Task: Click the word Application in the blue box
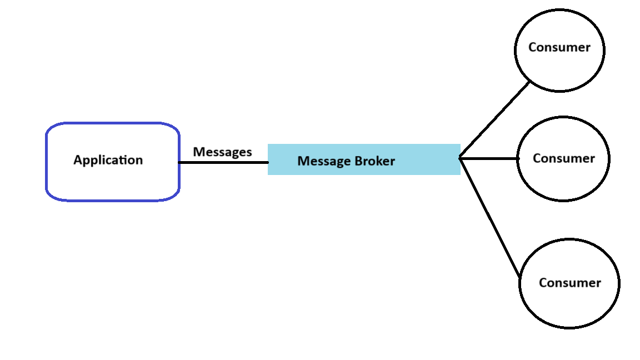click(x=108, y=160)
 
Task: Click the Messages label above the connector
click(x=222, y=152)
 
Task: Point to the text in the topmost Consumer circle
click(x=559, y=47)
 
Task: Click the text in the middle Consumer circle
click(x=563, y=158)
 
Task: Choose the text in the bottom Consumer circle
click(x=569, y=283)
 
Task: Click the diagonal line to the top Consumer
click(x=494, y=120)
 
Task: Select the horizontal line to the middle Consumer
click(x=489, y=158)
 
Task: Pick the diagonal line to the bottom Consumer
click(x=490, y=218)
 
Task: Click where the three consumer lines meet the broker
click(x=461, y=158)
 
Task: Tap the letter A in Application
click(x=78, y=160)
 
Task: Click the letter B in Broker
click(x=359, y=161)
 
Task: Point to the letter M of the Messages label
click(x=198, y=152)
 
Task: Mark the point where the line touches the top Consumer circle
click(x=530, y=82)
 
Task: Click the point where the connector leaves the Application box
click(x=179, y=162)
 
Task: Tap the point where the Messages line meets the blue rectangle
click(x=268, y=162)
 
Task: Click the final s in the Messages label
click(x=249, y=152)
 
